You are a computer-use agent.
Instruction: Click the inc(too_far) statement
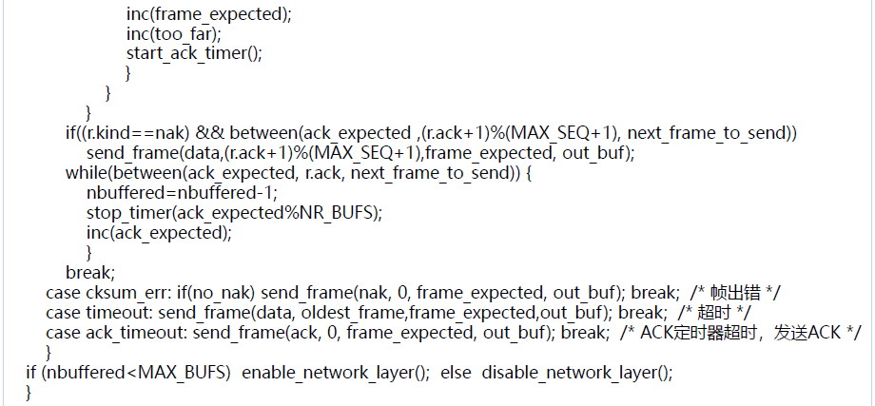click(x=160, y=33)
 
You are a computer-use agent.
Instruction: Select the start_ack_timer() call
click(x=193, y=53)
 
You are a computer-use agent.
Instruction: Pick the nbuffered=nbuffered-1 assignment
click(x=167, y=193)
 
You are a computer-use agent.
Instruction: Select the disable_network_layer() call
click(x=576, y=373)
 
